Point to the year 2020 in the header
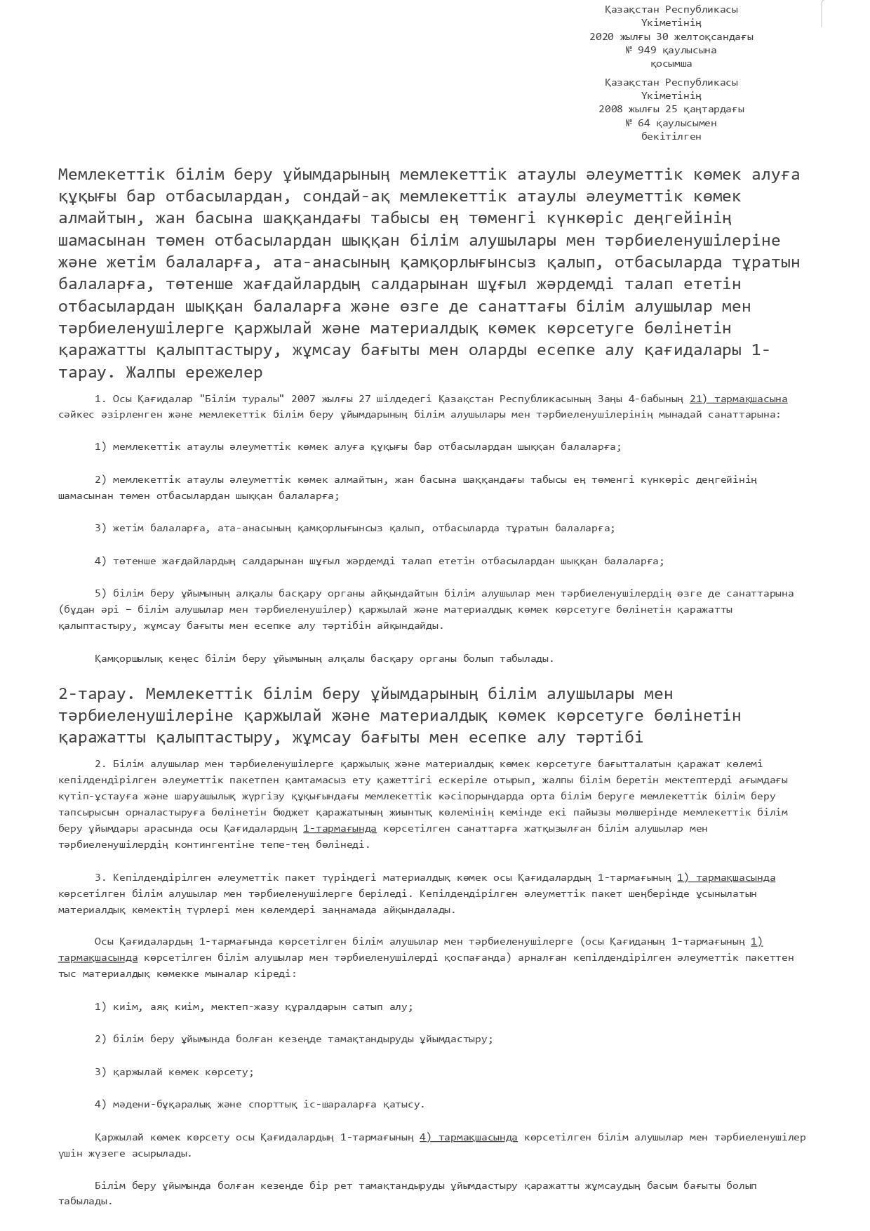coord(601,36)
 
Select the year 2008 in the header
coord(610,109)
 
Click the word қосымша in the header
coord(671,63)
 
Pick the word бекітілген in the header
coord(671,136)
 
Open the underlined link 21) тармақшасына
coord(738,399)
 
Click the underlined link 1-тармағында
coord(340,828)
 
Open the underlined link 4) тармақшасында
coord(468,1137)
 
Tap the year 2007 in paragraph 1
coord(303,399)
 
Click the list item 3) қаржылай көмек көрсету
coord(174,1072)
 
